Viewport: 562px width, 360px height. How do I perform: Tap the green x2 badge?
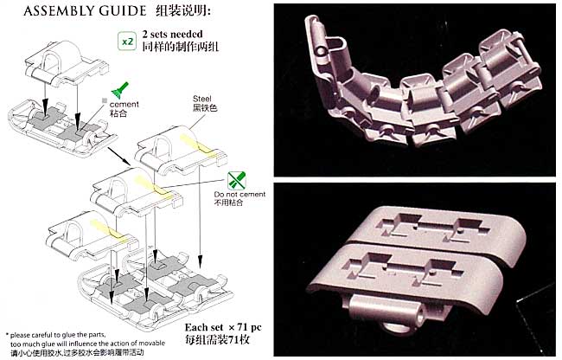tap(125, 40)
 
